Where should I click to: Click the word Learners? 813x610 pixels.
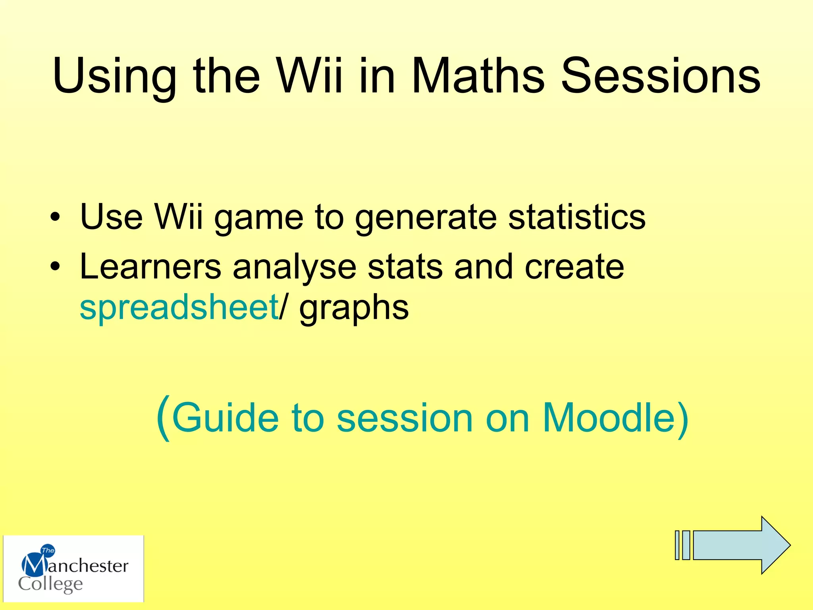point(150,266)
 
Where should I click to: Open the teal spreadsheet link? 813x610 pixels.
point(179,307)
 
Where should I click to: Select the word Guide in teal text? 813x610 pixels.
point(225,417)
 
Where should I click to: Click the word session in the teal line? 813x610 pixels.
point(405,418)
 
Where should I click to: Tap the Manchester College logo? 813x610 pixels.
point(73,569)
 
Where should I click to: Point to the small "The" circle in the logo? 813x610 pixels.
point(48,550)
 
